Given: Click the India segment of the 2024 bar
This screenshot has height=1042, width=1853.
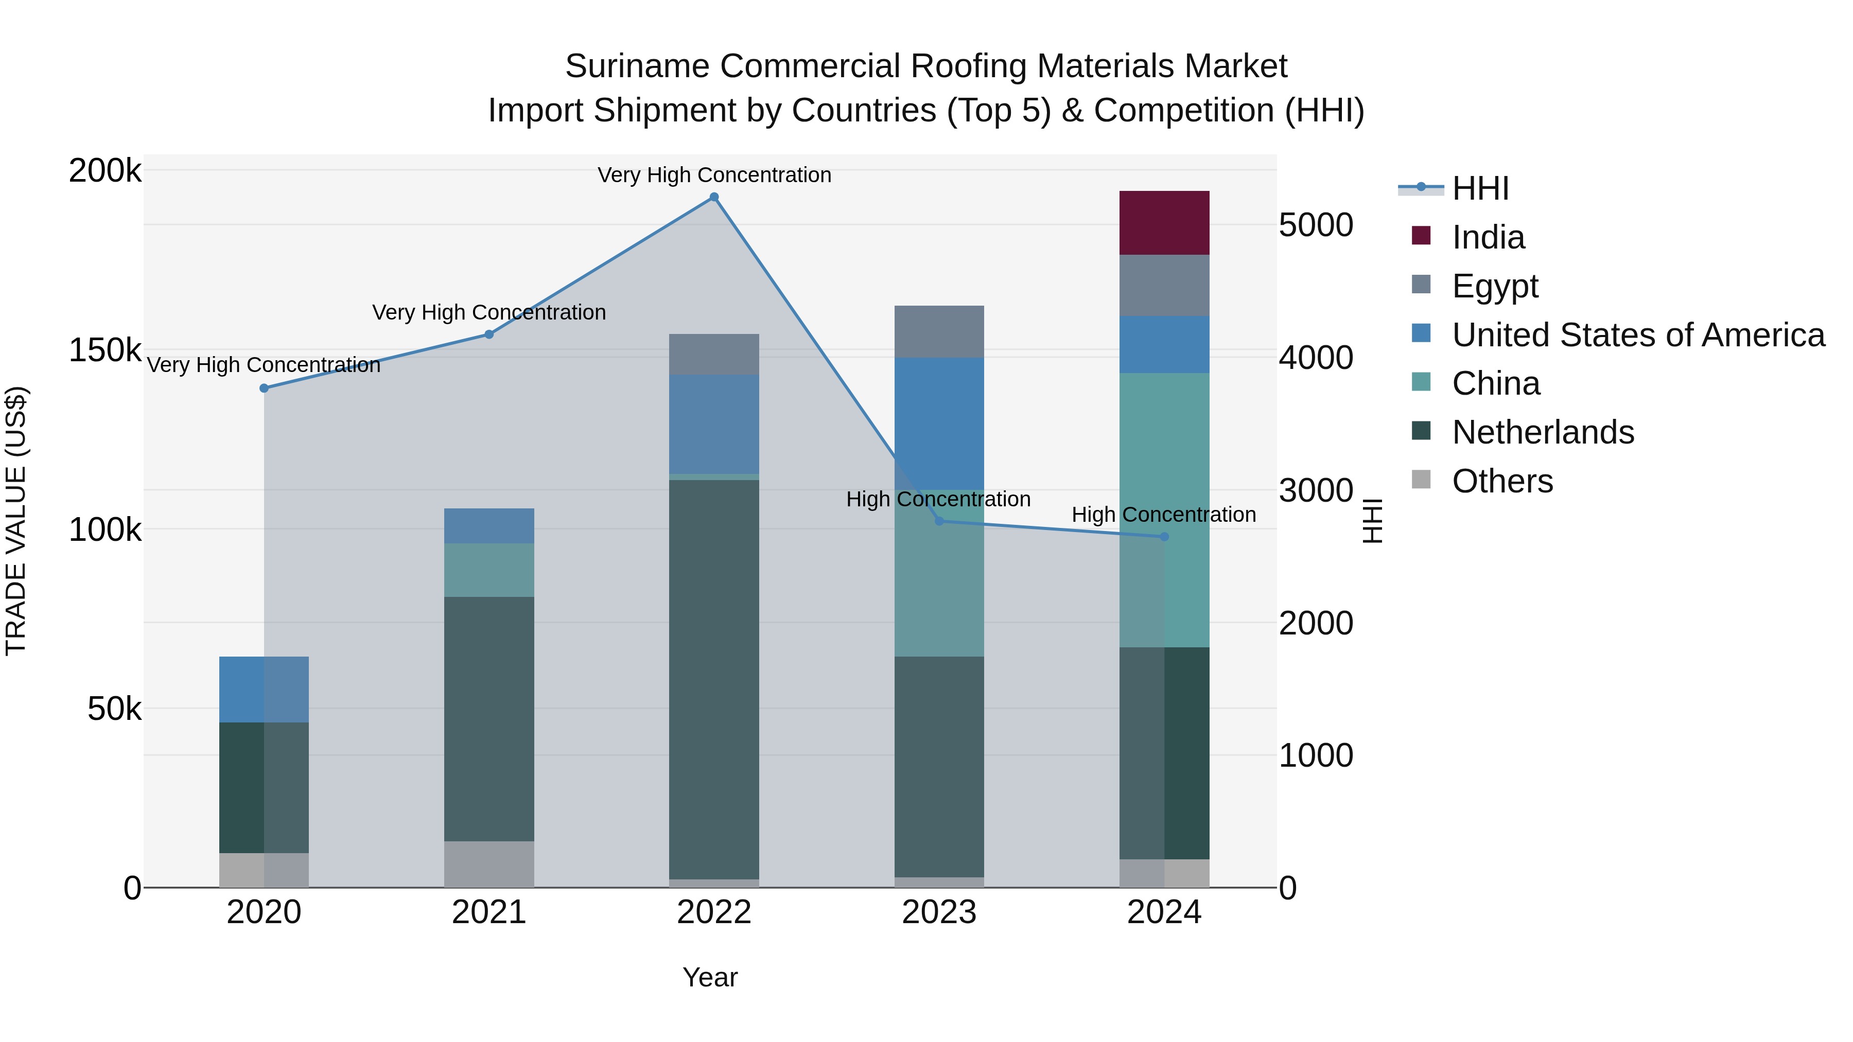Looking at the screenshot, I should [1164, 223].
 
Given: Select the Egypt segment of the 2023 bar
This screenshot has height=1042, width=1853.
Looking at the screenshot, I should [939, 331].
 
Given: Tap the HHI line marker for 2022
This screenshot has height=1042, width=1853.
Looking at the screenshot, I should [713, 197].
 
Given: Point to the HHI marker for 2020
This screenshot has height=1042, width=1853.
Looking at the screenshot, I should [264, 388].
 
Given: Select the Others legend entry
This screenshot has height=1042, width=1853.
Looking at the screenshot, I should [1502, 482].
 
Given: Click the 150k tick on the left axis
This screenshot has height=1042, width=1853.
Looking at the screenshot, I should [105, 351].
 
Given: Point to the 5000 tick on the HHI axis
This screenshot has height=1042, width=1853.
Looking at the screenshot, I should [1316, 226].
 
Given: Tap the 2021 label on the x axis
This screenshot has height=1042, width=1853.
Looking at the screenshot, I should [488, 913].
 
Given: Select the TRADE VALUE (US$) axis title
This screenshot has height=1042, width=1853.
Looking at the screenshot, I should [16, 521].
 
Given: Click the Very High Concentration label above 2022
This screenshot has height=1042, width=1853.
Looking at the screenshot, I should [713, 175].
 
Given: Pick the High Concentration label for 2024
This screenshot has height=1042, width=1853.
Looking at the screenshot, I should [1163, 515].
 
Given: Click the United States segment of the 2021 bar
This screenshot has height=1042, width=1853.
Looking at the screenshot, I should [488, 526].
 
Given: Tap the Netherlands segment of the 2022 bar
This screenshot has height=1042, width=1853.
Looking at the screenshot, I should [713, 679].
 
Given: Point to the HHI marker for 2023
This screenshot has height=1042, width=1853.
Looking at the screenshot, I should [939, 521].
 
